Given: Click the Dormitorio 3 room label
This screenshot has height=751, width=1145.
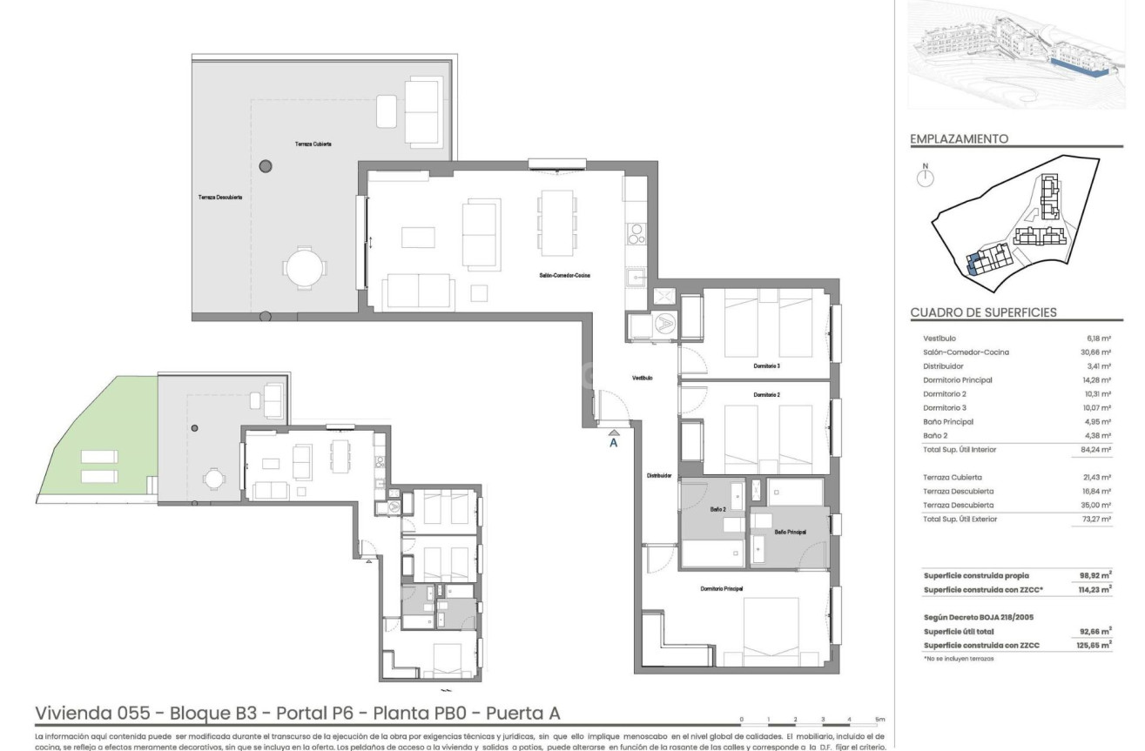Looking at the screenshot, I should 766,366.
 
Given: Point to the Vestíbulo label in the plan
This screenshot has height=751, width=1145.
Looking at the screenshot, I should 642,379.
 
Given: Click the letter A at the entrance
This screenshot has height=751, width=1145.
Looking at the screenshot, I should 613,442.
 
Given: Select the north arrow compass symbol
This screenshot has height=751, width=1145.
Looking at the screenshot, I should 926,177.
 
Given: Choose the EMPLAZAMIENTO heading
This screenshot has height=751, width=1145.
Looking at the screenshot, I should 959,138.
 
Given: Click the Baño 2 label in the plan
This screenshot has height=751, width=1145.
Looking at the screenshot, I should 718,508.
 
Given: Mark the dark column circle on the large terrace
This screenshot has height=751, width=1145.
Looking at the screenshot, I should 265,165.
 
